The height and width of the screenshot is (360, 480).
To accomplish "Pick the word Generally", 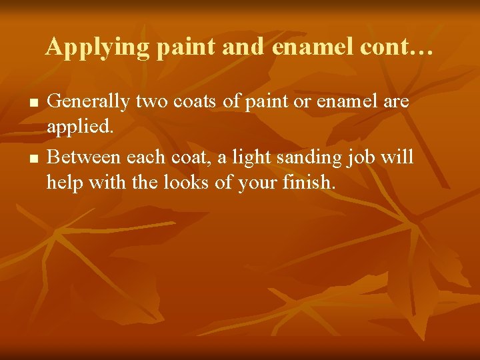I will [x=89, y=103].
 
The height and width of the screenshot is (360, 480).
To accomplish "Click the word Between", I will [x=83, y=158].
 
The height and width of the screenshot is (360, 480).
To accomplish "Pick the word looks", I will [x=187, y=181].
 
